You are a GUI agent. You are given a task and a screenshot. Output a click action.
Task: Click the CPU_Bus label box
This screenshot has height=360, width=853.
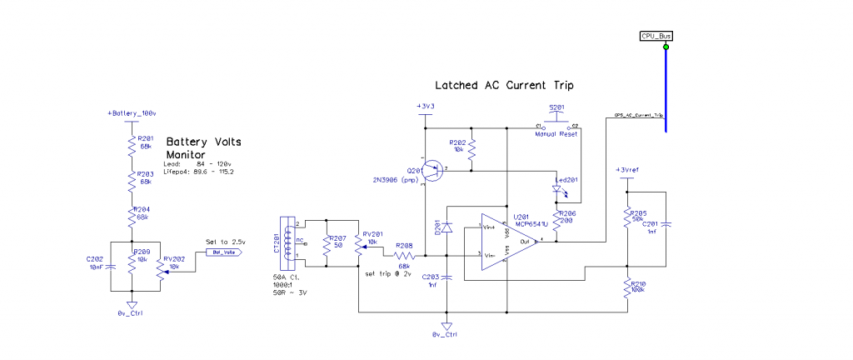(x=656, y=36)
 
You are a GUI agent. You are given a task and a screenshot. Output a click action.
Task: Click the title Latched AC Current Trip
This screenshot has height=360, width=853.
(x=504, y=85)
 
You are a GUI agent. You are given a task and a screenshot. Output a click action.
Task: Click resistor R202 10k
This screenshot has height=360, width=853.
(x=471, y=150)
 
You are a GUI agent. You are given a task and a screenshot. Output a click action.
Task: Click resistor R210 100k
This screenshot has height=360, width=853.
(x=626, y=289)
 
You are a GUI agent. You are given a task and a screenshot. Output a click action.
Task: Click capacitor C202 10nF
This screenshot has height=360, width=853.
(x=112, y=265)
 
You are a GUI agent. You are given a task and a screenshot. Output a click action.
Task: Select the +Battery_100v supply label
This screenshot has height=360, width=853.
(x=131, y=112)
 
